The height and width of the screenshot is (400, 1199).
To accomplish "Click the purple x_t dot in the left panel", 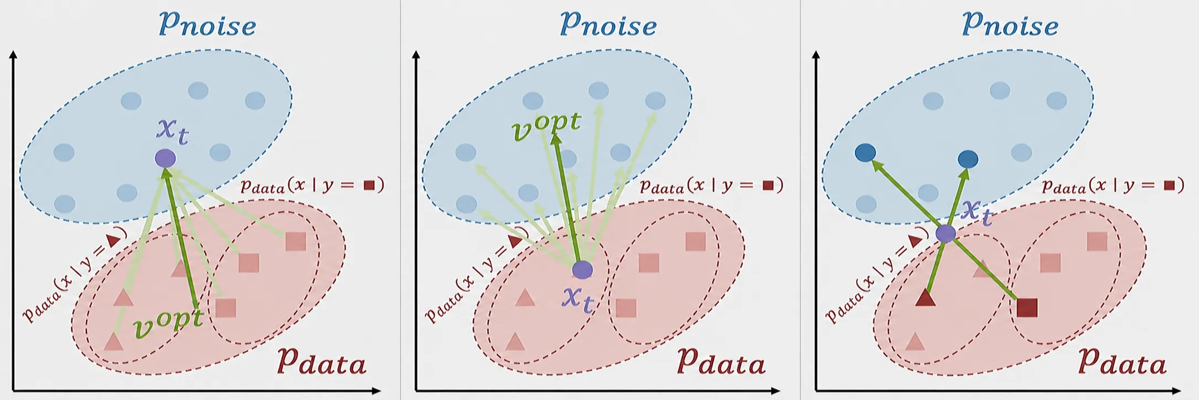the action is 165,159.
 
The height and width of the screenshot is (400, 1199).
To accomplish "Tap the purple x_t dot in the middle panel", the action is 582,270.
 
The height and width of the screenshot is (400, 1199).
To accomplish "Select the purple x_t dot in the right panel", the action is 946,233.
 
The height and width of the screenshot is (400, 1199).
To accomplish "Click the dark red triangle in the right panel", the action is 925,298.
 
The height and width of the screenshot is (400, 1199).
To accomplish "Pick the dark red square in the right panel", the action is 1027,308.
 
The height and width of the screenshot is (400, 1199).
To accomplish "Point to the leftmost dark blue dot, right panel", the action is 865,152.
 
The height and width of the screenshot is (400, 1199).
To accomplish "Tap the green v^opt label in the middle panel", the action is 546,126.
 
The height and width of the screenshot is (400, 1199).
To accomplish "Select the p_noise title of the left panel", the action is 208,24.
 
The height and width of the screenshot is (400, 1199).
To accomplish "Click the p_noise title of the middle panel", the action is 608,24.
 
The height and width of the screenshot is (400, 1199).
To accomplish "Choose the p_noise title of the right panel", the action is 1010,24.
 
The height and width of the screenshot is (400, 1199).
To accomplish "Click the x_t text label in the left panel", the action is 173,131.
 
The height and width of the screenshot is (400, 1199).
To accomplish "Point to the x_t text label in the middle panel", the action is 578,300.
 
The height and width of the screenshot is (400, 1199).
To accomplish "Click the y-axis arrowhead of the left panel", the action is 13,54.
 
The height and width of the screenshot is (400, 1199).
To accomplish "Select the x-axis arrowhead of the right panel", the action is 1177,391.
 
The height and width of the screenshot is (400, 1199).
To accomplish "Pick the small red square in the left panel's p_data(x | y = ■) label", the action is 369,185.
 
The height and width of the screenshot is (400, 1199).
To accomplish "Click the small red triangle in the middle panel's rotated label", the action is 515,241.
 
